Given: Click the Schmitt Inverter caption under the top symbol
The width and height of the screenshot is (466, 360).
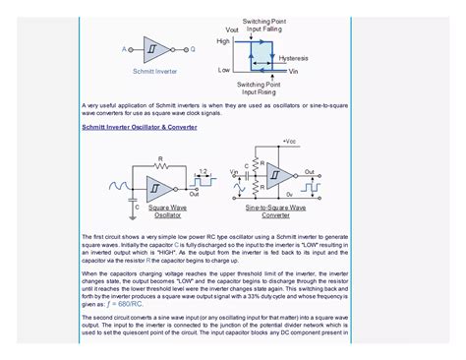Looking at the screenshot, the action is [x=154, y=72].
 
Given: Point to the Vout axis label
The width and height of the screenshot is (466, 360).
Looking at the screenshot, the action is [x=232, y=30].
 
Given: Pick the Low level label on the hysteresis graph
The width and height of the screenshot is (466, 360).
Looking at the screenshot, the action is [x=224, y=70].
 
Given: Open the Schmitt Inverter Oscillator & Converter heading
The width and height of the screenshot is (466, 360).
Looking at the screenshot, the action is [x=139, y=128].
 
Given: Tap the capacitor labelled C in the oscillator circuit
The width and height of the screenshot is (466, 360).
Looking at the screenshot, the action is [x=135, y=201].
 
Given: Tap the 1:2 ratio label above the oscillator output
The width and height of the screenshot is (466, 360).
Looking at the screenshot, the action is [x=202, y=171].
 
